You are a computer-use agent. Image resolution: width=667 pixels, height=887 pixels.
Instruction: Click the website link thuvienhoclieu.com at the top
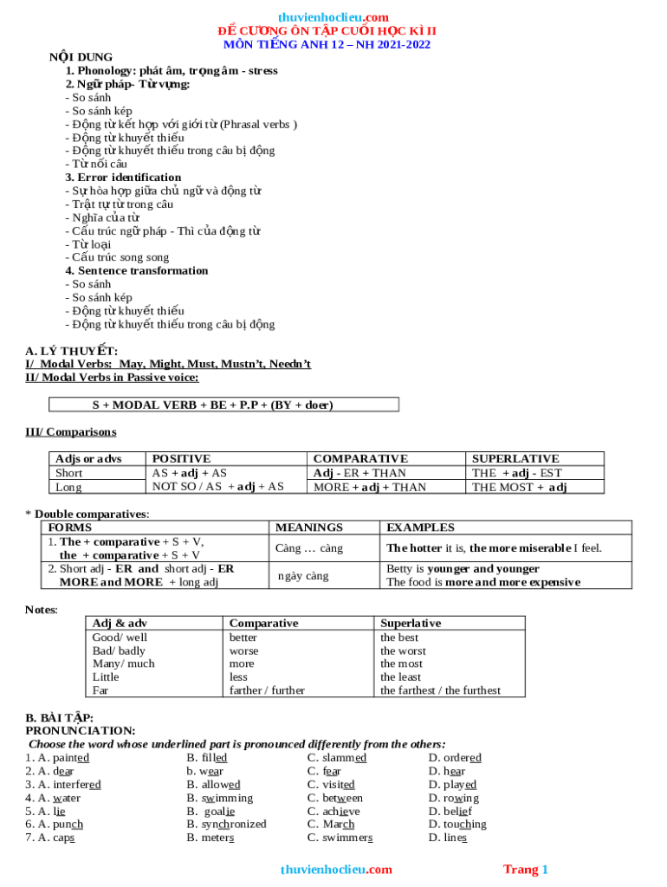tap(333, 17)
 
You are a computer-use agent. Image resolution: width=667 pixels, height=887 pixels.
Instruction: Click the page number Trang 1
tap(526, 869)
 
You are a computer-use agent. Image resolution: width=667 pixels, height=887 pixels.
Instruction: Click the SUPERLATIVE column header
tap(515, 458)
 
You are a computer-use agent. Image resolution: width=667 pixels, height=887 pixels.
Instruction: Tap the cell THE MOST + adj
tap(519, 487)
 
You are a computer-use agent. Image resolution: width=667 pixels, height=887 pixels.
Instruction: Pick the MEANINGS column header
tap(308, 527)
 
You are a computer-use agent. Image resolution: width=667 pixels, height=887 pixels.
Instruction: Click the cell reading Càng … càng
tap(309, 548)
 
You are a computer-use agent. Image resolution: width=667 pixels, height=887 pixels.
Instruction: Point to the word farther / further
tap(267, 690)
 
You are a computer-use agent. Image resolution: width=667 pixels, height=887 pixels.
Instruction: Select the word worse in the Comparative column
tap(243, 651)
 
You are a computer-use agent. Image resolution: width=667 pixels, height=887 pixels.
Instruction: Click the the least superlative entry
tap(401, 677)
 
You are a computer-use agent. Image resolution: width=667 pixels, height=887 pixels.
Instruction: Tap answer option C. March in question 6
tap(331, 824)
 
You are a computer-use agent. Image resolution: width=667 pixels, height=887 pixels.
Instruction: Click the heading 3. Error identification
tap(123, 177)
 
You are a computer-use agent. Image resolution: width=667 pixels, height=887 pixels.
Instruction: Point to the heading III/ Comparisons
tap(71, 431)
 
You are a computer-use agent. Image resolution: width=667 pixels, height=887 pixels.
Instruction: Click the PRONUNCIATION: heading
tap(81, 730)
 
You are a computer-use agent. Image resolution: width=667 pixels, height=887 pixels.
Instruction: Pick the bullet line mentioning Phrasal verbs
tap(181, 124)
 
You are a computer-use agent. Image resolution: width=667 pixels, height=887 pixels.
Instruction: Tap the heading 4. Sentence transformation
tap(137, 270)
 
